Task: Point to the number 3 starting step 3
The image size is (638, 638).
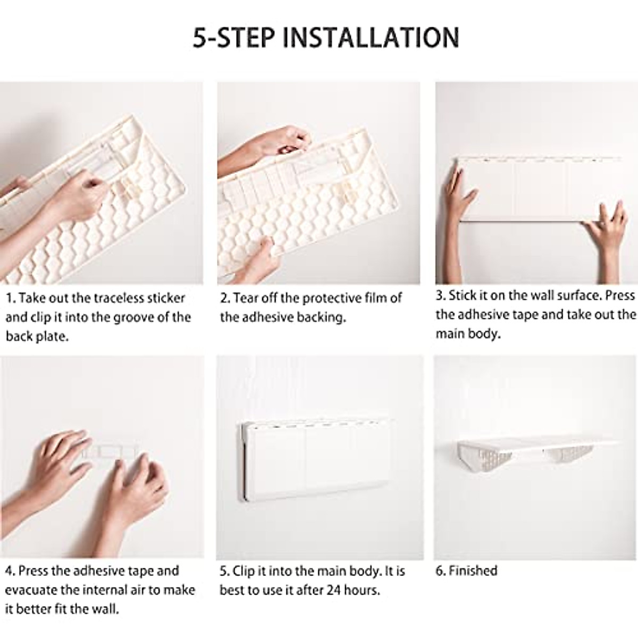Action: coord(439,296)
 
